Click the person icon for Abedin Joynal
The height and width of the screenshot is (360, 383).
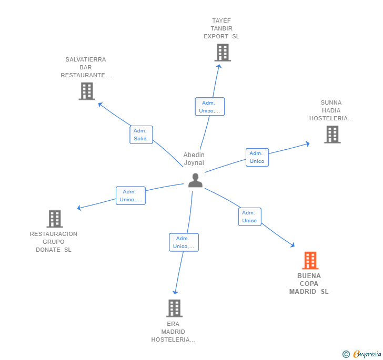(195, 180)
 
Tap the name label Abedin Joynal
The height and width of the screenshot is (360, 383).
(194, 159)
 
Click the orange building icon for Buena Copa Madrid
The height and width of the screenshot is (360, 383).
(310, 260)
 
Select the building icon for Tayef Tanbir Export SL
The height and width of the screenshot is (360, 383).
(223, 53)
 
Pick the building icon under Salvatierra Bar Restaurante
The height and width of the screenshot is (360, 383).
(86, 91)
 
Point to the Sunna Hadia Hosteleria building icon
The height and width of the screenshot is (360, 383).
(332, 134)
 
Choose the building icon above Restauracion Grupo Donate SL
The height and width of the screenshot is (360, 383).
(54, 219)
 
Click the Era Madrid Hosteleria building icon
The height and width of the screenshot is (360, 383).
(174, 308)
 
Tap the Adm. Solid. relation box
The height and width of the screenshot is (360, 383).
(141, 135)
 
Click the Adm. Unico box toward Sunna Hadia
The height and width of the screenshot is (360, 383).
(257, 157)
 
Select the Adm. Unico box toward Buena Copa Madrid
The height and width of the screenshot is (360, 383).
(249, 217)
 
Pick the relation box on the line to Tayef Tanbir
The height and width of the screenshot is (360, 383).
(209, 107)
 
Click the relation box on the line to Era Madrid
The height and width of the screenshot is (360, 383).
(184, 242)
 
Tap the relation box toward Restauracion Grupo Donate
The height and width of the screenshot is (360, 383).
(130, 196)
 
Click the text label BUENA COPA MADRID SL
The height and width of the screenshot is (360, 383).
(309, 284)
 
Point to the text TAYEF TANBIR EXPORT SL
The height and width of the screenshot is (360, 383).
(221, 28)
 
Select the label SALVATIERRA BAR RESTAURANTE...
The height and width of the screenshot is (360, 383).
(85, 67)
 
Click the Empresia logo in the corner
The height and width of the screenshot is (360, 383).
(362, 354)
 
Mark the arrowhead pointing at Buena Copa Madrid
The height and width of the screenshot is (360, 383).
(293, 245)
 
